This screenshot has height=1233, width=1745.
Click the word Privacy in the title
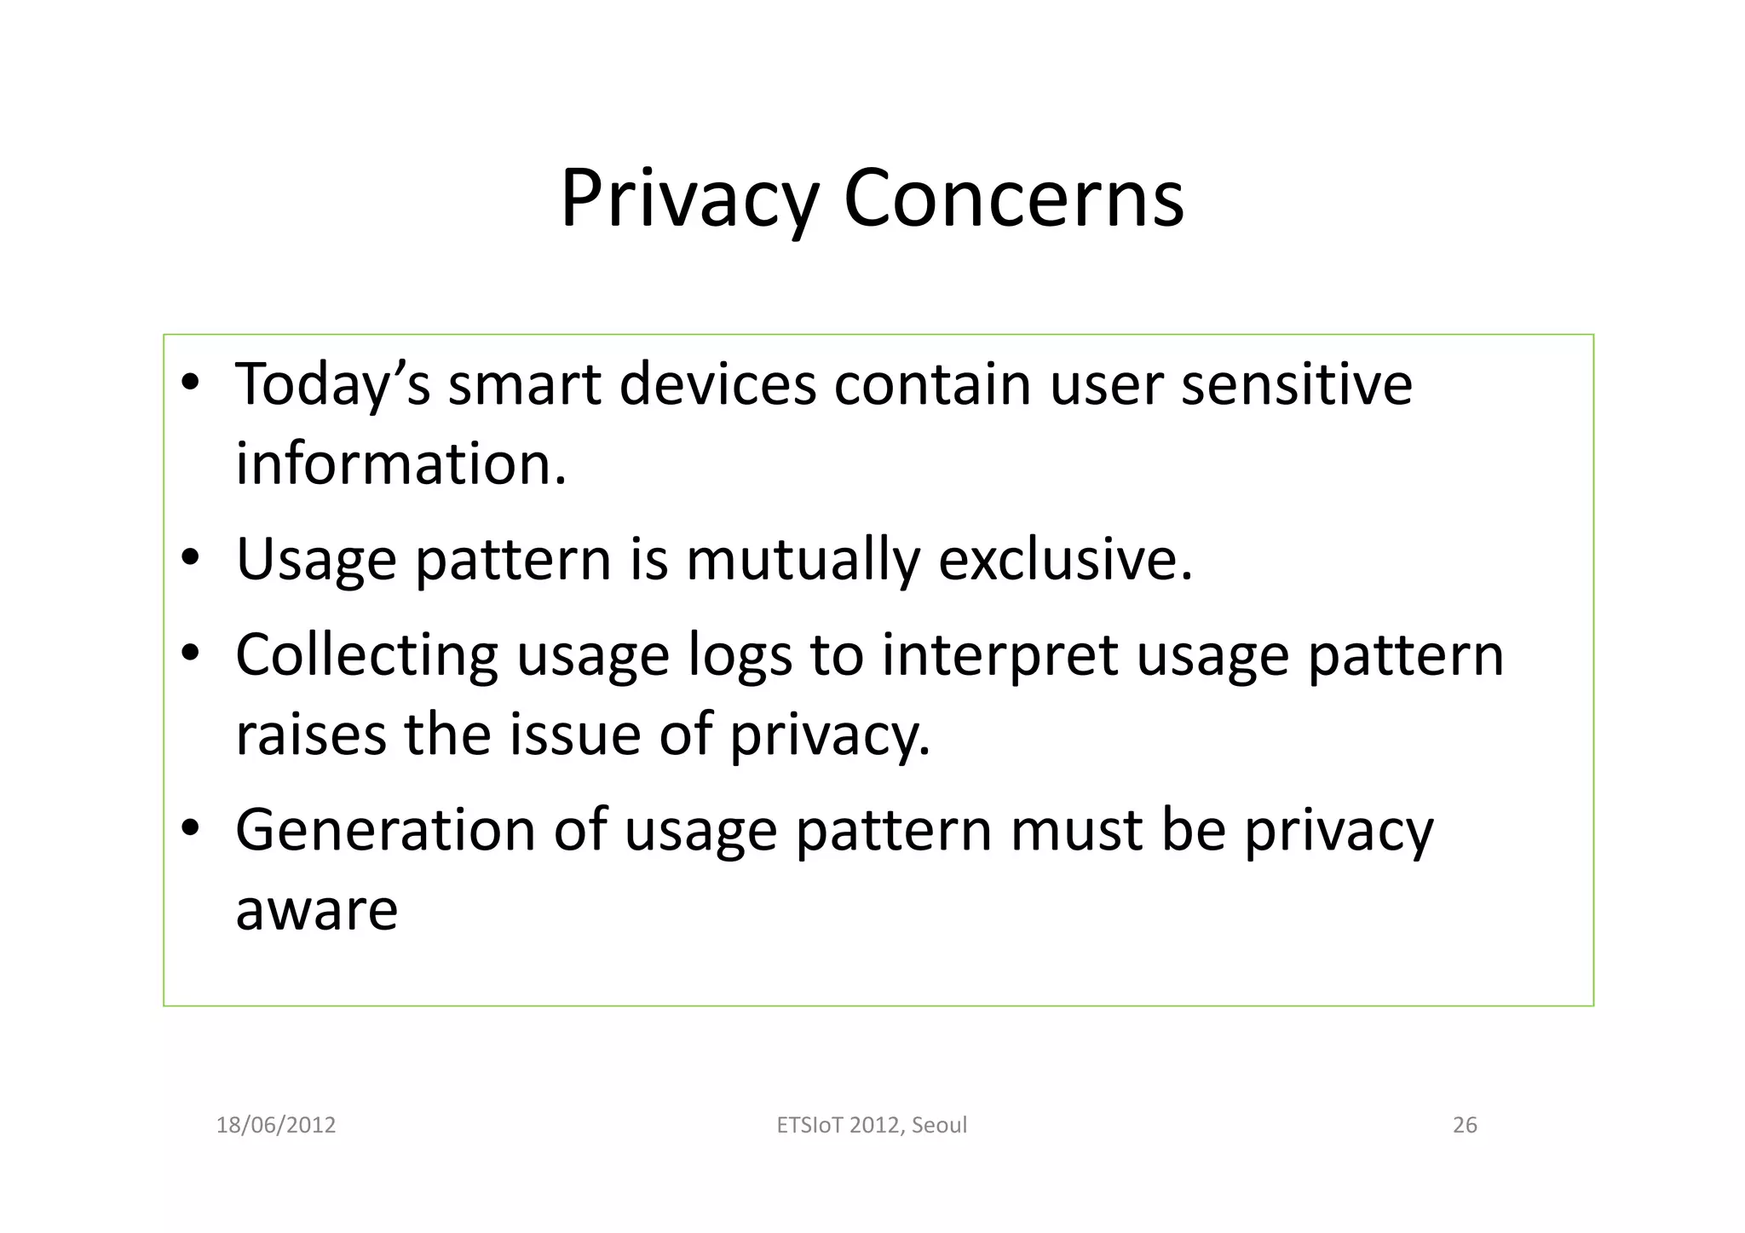click(x=688, y=199)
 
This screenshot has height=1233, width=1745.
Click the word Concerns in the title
click(x=1013, y=199)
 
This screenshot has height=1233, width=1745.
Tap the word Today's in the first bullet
click(x=332, y=384)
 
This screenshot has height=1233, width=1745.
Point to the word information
click(x=400, y=464)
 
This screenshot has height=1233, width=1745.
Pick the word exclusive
click(x=1065, y=560)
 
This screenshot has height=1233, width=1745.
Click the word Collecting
click(x=366, y=655)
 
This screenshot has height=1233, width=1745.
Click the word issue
click(x=574, y=735)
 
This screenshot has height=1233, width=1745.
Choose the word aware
click(x=316, y=910)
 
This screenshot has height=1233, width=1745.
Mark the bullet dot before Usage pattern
click(x=190, y=557)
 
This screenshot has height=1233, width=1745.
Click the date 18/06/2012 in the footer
click(x=276, y=1125)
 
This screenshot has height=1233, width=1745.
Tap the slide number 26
click(x=1464, y=1125)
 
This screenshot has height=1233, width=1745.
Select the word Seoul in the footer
click(x=939, y=1125)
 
